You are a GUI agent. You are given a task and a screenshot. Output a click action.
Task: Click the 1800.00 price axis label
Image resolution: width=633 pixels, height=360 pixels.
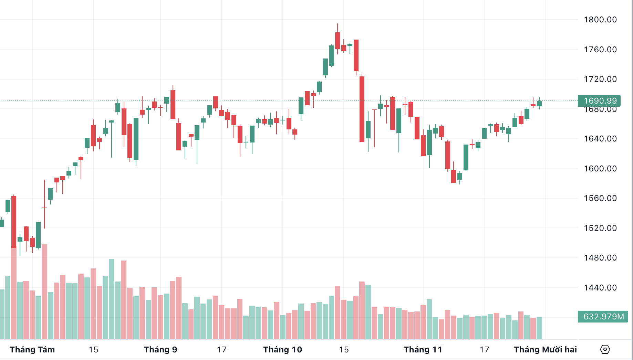[x=600, y=20]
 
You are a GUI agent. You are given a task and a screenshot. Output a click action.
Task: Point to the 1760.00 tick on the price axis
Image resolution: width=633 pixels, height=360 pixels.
[x=600, y=50]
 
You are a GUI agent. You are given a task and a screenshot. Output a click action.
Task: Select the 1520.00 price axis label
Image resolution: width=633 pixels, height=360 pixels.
[x=600, y=228]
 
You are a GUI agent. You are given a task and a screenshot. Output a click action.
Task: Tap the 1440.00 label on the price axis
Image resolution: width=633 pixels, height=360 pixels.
[x=600, y=288]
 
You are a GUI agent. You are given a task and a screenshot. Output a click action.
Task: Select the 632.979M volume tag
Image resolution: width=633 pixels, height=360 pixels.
[x=603, y=317]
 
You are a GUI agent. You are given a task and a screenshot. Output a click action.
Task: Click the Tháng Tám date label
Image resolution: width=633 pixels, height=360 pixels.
[x=32, y=350]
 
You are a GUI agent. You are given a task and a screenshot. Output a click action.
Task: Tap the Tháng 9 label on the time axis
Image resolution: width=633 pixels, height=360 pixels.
[x=160, y=350]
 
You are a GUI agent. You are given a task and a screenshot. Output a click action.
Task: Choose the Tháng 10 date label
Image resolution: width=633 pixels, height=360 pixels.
[x=282, y=350]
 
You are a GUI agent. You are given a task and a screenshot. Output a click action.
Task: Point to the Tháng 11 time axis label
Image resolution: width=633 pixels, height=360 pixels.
[x=423, y=350]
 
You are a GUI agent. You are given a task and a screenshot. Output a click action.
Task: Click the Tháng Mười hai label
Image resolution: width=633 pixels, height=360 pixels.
[x=545, y=350]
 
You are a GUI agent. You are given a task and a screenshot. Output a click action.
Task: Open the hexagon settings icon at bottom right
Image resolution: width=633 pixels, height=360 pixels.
[x=605, y=350]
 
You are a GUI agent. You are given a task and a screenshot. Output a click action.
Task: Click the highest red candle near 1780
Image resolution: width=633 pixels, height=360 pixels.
[x=338, y=40]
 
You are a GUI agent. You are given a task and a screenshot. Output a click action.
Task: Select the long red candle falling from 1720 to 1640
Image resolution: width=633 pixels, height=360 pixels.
[x=362, y=109]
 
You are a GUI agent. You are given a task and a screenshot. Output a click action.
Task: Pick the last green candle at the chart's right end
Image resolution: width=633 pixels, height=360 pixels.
[x=539, y=104]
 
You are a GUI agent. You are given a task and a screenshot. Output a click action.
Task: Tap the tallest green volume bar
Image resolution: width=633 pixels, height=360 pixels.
[x=112, y=299]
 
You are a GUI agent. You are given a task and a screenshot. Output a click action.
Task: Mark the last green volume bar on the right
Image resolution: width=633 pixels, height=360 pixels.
[x=539, y=328]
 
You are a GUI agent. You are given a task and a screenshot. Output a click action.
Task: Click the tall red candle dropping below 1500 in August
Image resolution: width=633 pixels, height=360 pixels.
[x=14, y=222]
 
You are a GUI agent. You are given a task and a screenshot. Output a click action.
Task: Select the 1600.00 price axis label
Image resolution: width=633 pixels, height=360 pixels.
[x=600, y=169]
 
